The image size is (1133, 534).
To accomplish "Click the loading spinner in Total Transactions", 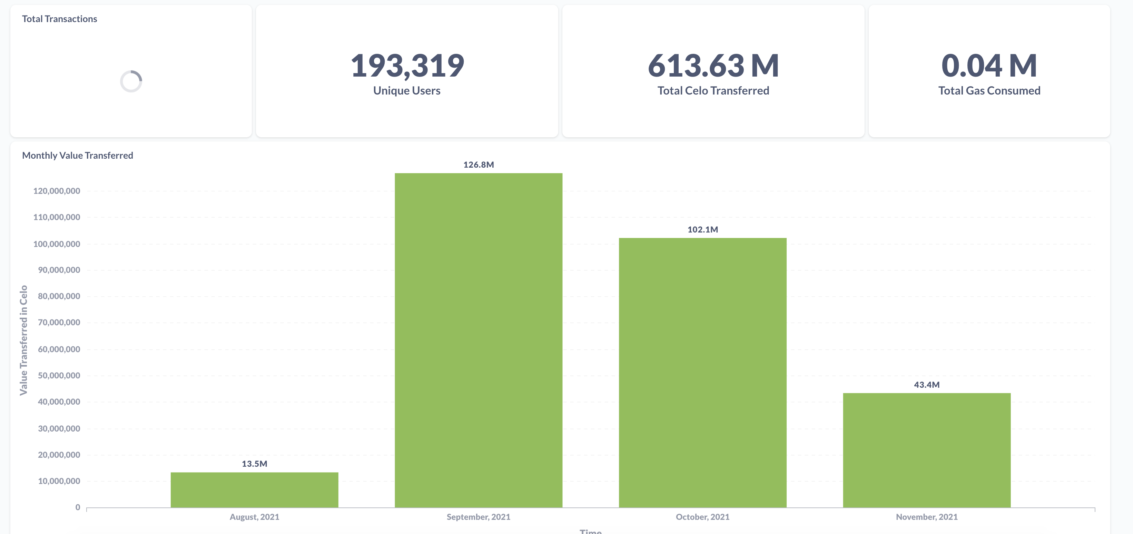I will [x=131, y=81].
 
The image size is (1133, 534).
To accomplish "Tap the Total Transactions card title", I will [x=59, y=19].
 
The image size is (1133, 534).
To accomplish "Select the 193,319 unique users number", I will [x=407, y=66].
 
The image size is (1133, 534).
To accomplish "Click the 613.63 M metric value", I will [x=713, y=66].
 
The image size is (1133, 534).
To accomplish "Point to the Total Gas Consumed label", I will [x=989, y=91].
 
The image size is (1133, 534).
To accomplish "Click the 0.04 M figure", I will [x=989, y=66].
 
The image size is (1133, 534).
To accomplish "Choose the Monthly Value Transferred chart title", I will [x=77, y=155].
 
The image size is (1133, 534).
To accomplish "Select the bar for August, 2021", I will [x=254, y=489].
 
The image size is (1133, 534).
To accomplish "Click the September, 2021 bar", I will [x=479, y=340].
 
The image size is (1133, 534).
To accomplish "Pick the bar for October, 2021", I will [x=702, y=373].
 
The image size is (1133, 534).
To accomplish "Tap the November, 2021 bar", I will [x=927, y=450].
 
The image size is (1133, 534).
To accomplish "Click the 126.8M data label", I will [x=479, y=165].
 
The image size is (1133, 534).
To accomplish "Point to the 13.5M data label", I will [x=254, y=464].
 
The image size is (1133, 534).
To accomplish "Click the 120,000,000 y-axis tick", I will [x=57, y=191].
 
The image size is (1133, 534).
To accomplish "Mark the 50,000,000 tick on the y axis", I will [x=59, y=376].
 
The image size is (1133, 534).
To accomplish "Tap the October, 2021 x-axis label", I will [x=702, y=517].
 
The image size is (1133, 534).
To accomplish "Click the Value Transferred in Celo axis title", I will [x=23, y=340].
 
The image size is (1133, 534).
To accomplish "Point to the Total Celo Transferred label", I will [x=713, y=91].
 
